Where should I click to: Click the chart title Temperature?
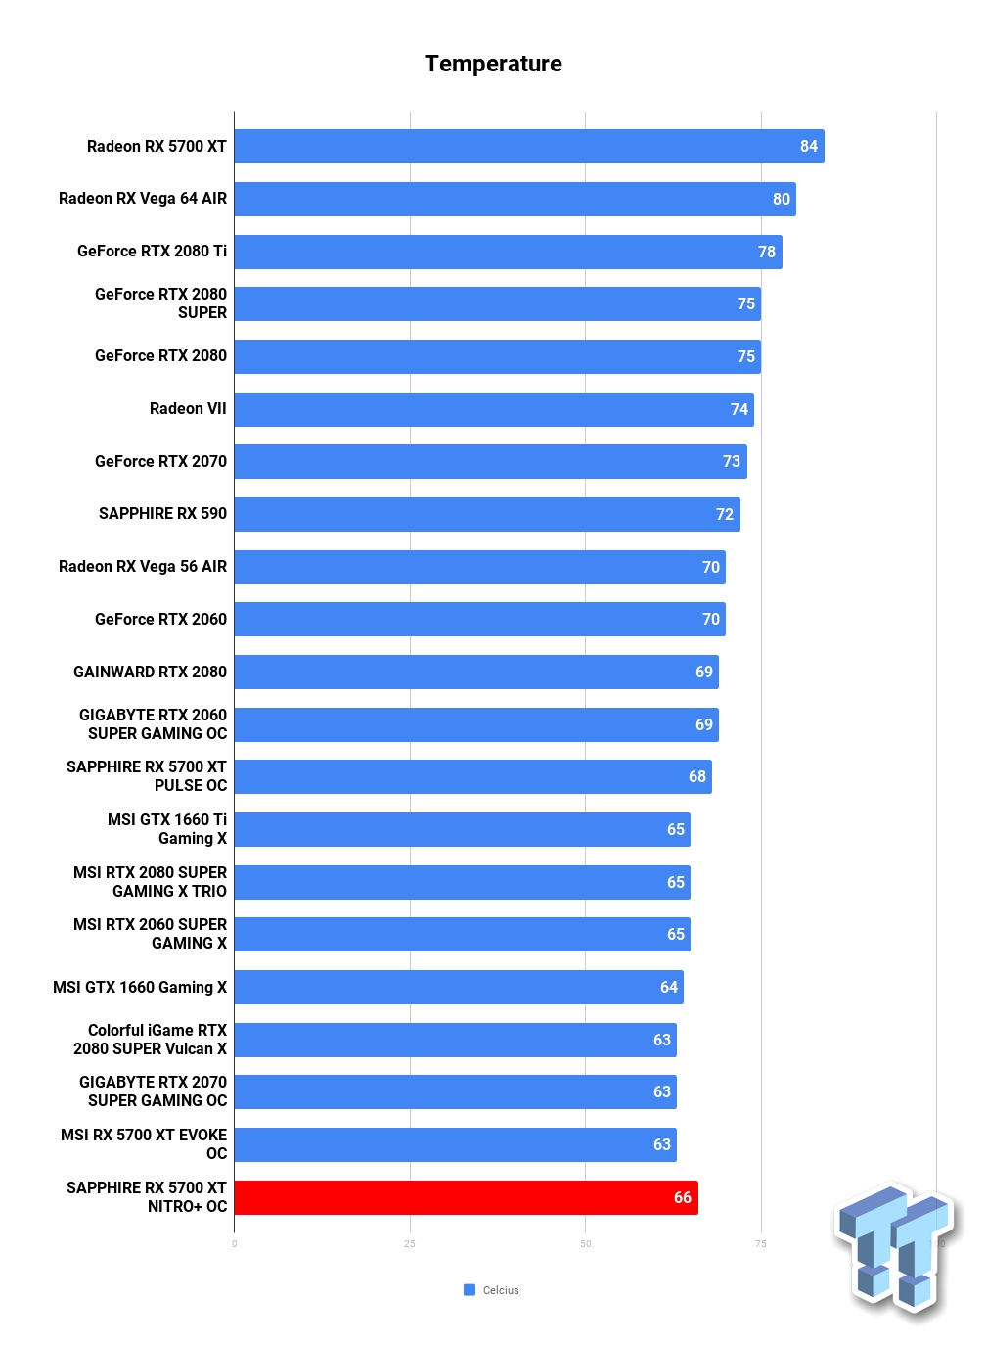click(x=493, y=64)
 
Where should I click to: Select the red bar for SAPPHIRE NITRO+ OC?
click(x=466, y=1197)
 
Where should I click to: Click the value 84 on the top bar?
click(x=808, y=146)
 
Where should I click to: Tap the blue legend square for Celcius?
click(x=470, y=1290)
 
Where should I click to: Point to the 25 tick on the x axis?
click(x=410, y=1244)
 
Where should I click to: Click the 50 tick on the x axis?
click(x=585, y=1244)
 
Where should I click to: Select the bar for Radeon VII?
click(x=493, y=409)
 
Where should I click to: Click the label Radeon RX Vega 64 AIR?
click(x=143, y=199)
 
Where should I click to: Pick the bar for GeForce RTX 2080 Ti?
click(x=507, y=252)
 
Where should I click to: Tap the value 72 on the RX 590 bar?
click(x=724, y=514)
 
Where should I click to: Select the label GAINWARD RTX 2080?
click(x=150, y=672)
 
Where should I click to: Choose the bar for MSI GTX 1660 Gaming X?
click(x=458, y=987)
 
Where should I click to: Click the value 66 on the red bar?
click(x=682, y=1197)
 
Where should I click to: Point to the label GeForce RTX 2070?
click(x=160, y=461)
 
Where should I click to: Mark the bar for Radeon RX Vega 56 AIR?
click(x=479, y=567)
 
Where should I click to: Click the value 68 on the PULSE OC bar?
click(x=696, y=776)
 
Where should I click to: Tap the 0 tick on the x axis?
click(x=235, y=1244)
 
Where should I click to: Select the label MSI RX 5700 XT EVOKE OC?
click(x=144, y=1143)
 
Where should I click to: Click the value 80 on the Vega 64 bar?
click(x=781, y=199)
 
